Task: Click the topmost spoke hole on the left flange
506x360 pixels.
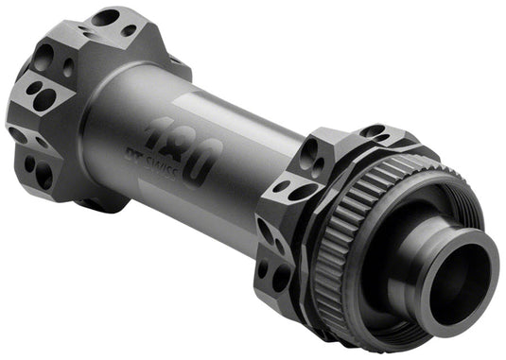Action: click(x=104, y=17)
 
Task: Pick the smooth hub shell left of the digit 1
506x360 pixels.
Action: click(x=118, y=113)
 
